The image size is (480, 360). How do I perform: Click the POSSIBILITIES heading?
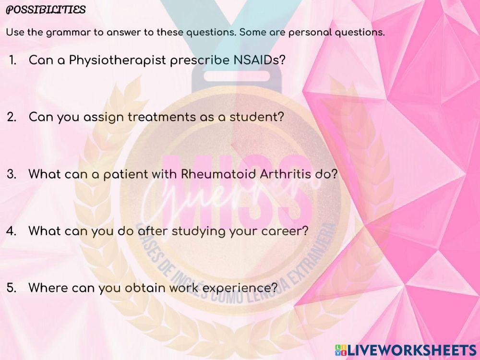tap(46, 10)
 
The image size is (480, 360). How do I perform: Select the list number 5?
tap(12, 288)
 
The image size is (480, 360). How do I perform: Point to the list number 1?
tap(13, 60)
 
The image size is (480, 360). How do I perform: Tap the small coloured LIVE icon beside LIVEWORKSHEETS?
tap(340, 349)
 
